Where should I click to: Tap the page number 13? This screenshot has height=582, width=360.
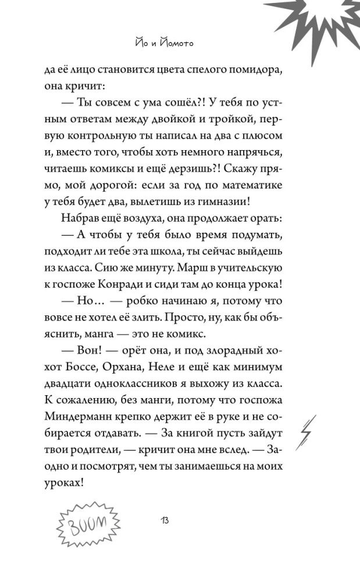point(164,519)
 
